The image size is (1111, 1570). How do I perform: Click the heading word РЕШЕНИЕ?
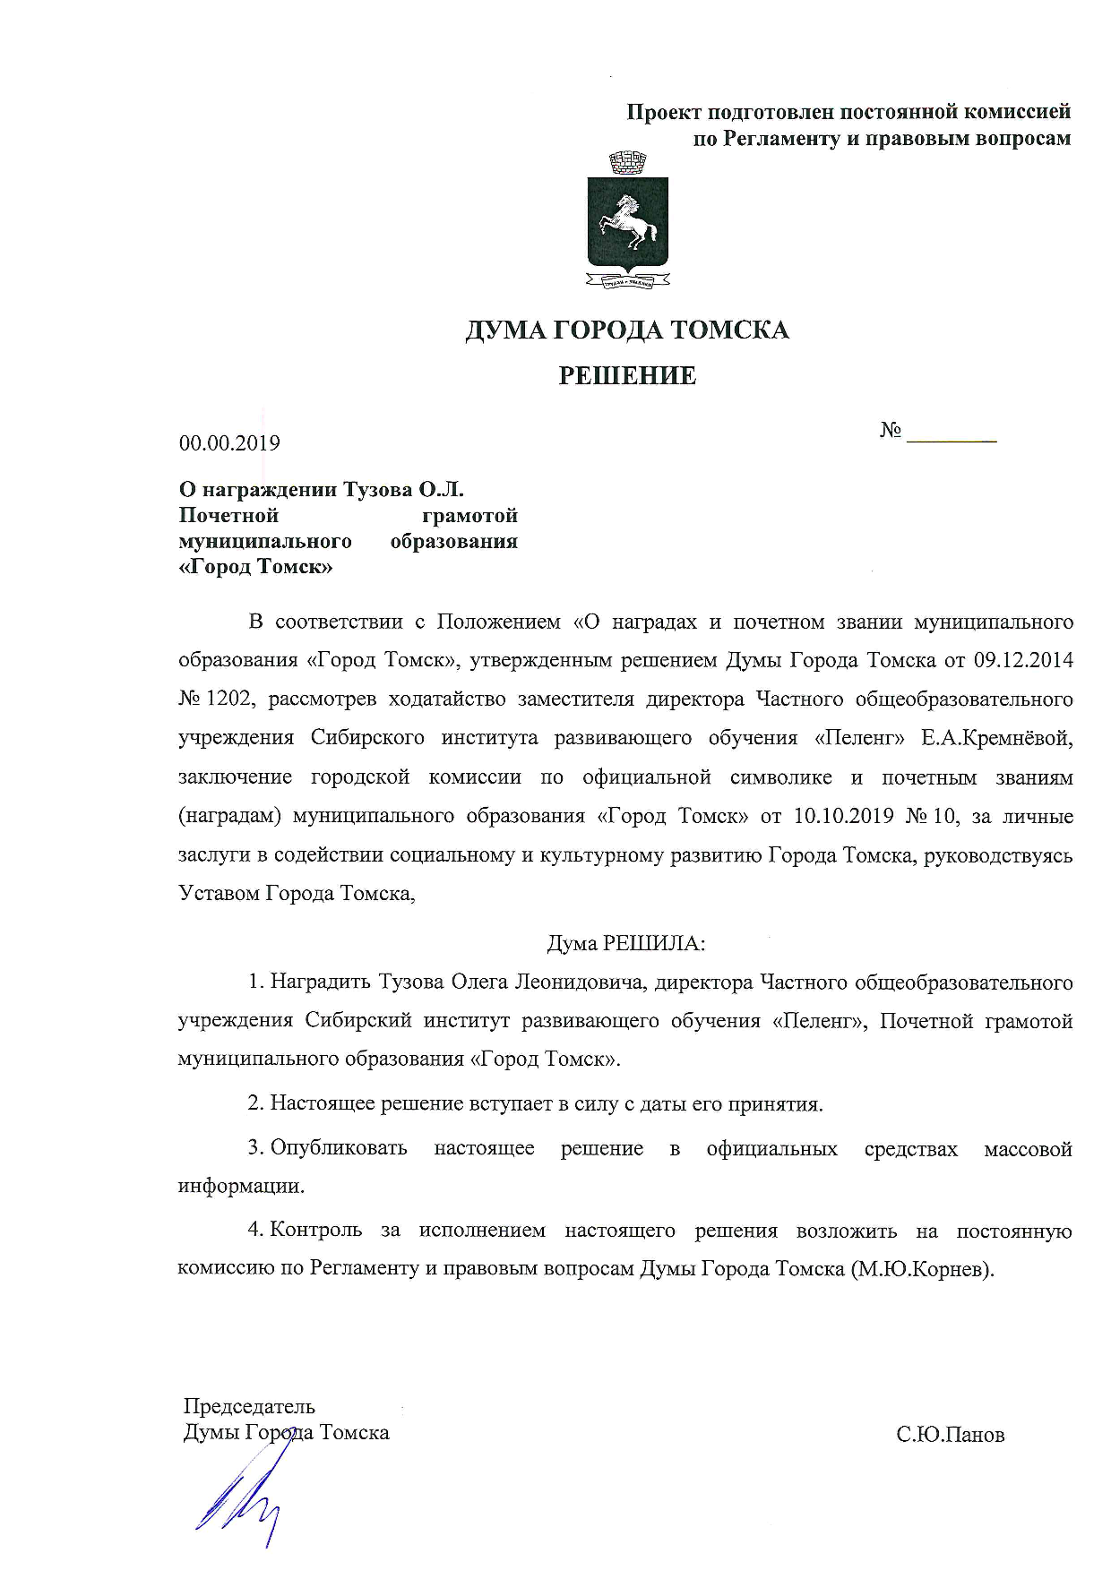[x=627, y=375]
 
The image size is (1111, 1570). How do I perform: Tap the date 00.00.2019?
[x=229, y=443]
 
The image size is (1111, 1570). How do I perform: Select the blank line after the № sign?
[x=952, y=437]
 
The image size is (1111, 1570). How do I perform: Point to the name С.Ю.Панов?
[x=951, y=1435]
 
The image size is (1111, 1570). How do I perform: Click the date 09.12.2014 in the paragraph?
[x=1022, y=660]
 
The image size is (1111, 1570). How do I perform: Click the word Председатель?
[x=249, y=1405]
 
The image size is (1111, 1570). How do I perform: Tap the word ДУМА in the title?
[x=504, y=330]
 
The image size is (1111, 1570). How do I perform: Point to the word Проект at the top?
[x=663, y=113]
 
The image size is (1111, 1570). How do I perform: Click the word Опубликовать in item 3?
[x=339, y=1148]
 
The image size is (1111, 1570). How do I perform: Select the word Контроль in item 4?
[x=315, y=1231]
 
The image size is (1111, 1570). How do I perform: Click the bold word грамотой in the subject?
[x=469, y=516]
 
